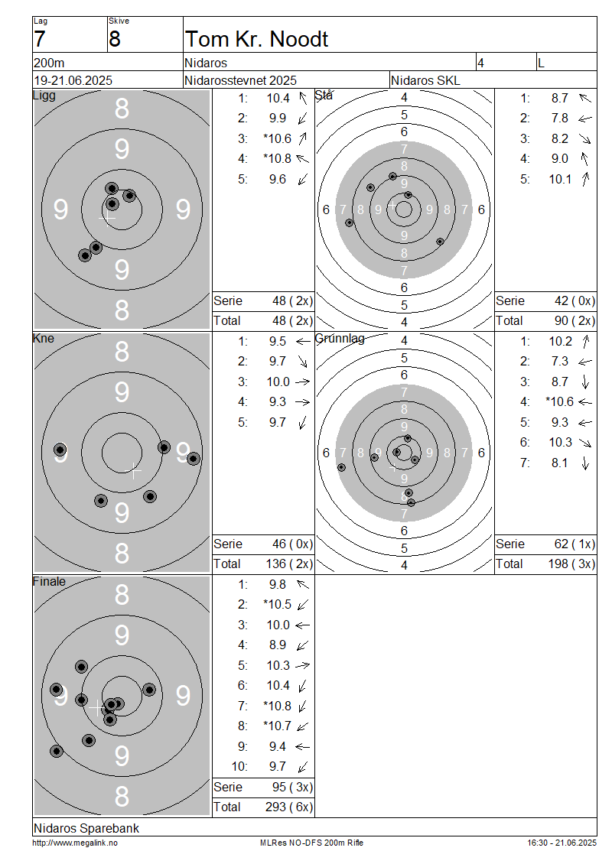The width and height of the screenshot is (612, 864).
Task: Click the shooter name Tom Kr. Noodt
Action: click(x=256, y=39)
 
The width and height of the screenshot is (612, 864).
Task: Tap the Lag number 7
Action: click(x=39, y=40)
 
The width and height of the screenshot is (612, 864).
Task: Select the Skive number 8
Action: click(x=115, y=40)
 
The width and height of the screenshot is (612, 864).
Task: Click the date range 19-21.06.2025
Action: click(x=73, y=80)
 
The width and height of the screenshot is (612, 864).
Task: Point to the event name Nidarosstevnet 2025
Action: click(x=240, y=80)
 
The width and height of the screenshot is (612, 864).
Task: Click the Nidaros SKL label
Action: click(x=425, y=80)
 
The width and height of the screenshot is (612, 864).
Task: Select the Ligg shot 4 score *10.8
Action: click(x=278, y=159)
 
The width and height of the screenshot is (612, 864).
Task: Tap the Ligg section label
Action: click(x=44, y=96)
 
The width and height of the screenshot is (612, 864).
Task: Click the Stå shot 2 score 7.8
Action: click(x=560, y=119)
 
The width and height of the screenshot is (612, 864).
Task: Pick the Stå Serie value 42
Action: click(x=562, y=300)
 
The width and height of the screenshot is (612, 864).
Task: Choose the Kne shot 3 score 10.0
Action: click(x=278, y=382)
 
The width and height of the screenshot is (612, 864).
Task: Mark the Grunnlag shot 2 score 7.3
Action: click(x=560, y=362)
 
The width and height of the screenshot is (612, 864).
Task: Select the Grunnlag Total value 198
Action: click(x=558, y=564)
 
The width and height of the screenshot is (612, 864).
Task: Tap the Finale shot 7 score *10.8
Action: click(x=278, y=706)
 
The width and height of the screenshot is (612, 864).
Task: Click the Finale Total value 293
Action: click(x=275, y=807)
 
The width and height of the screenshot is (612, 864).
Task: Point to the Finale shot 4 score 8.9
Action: click(x=278, y=645)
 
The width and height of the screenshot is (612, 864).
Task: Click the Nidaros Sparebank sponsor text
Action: click(x=86, y=828)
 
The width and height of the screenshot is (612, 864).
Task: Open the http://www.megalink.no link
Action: click(x=75, y=843)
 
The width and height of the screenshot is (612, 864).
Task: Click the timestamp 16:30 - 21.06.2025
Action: click(x=562, y=843)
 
